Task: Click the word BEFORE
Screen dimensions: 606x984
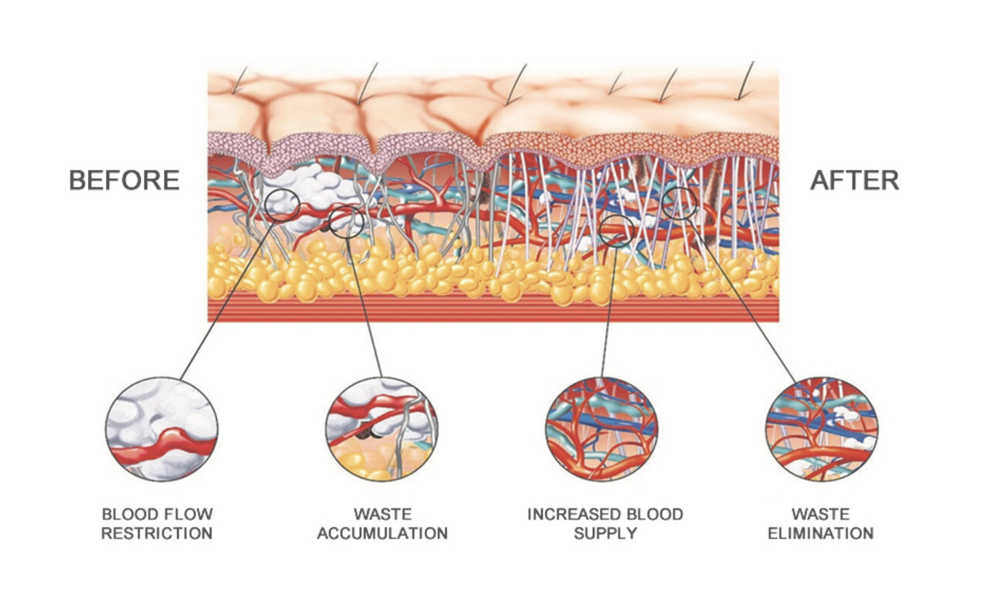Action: pos(124,180)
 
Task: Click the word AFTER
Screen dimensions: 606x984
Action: pos(854,180)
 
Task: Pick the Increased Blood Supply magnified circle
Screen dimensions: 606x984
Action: pos(602,429)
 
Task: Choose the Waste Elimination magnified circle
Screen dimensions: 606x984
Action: pos(821,430)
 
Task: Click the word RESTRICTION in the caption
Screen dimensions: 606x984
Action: pos(157,533)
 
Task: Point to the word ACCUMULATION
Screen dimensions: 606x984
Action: pos(382,533)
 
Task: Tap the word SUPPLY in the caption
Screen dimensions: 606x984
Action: pos(605,533)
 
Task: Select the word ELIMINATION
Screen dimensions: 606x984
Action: pos(821,533)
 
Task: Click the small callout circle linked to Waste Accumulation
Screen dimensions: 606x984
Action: pos(345,220)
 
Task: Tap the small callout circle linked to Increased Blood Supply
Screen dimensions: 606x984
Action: pos(616,230)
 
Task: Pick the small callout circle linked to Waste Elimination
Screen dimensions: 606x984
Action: pos(680,203)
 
